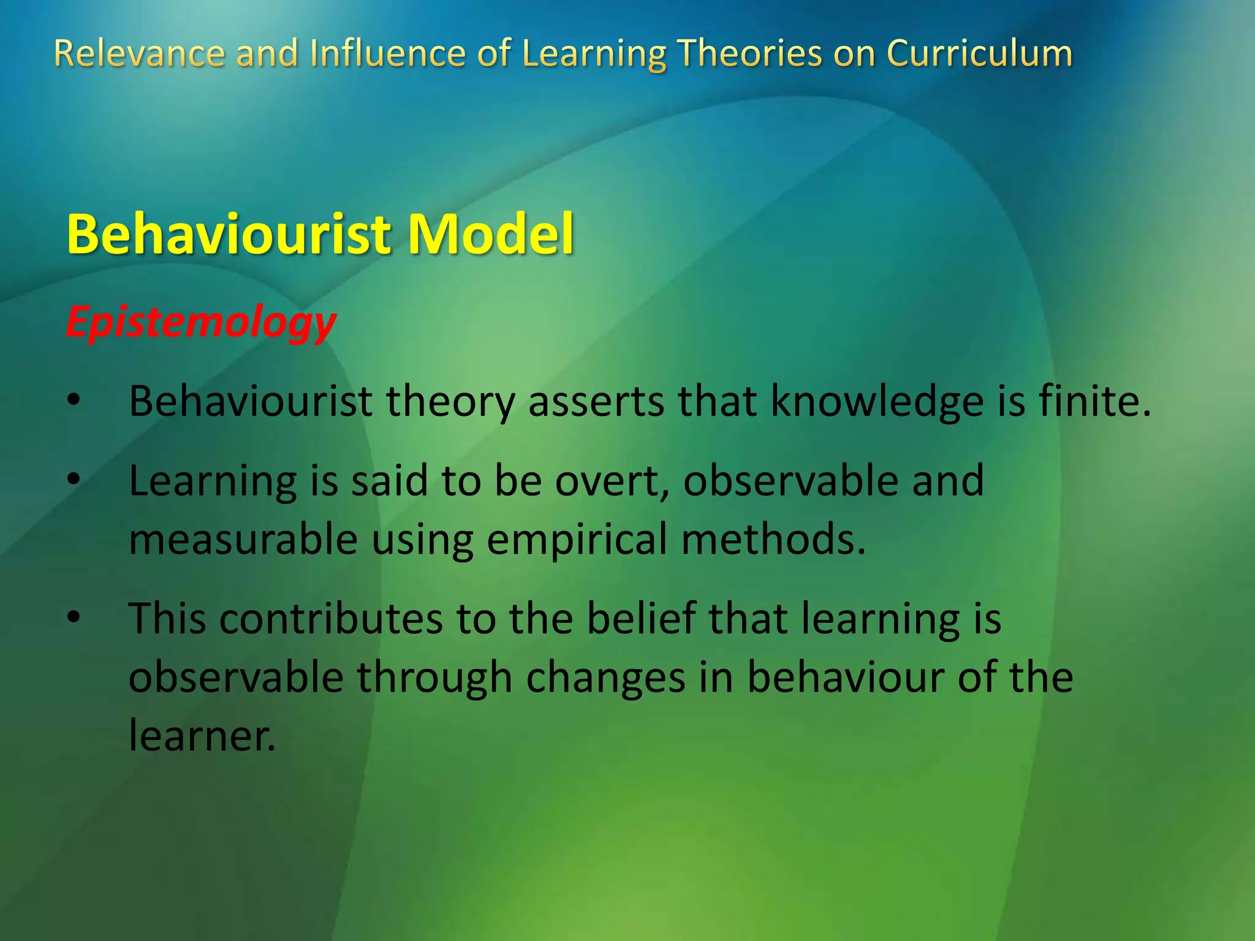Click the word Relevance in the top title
139,53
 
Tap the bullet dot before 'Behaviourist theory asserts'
74,401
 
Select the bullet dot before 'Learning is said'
74,480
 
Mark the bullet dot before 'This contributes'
74,618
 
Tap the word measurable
243,539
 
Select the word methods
773,539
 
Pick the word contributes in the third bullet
331,618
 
